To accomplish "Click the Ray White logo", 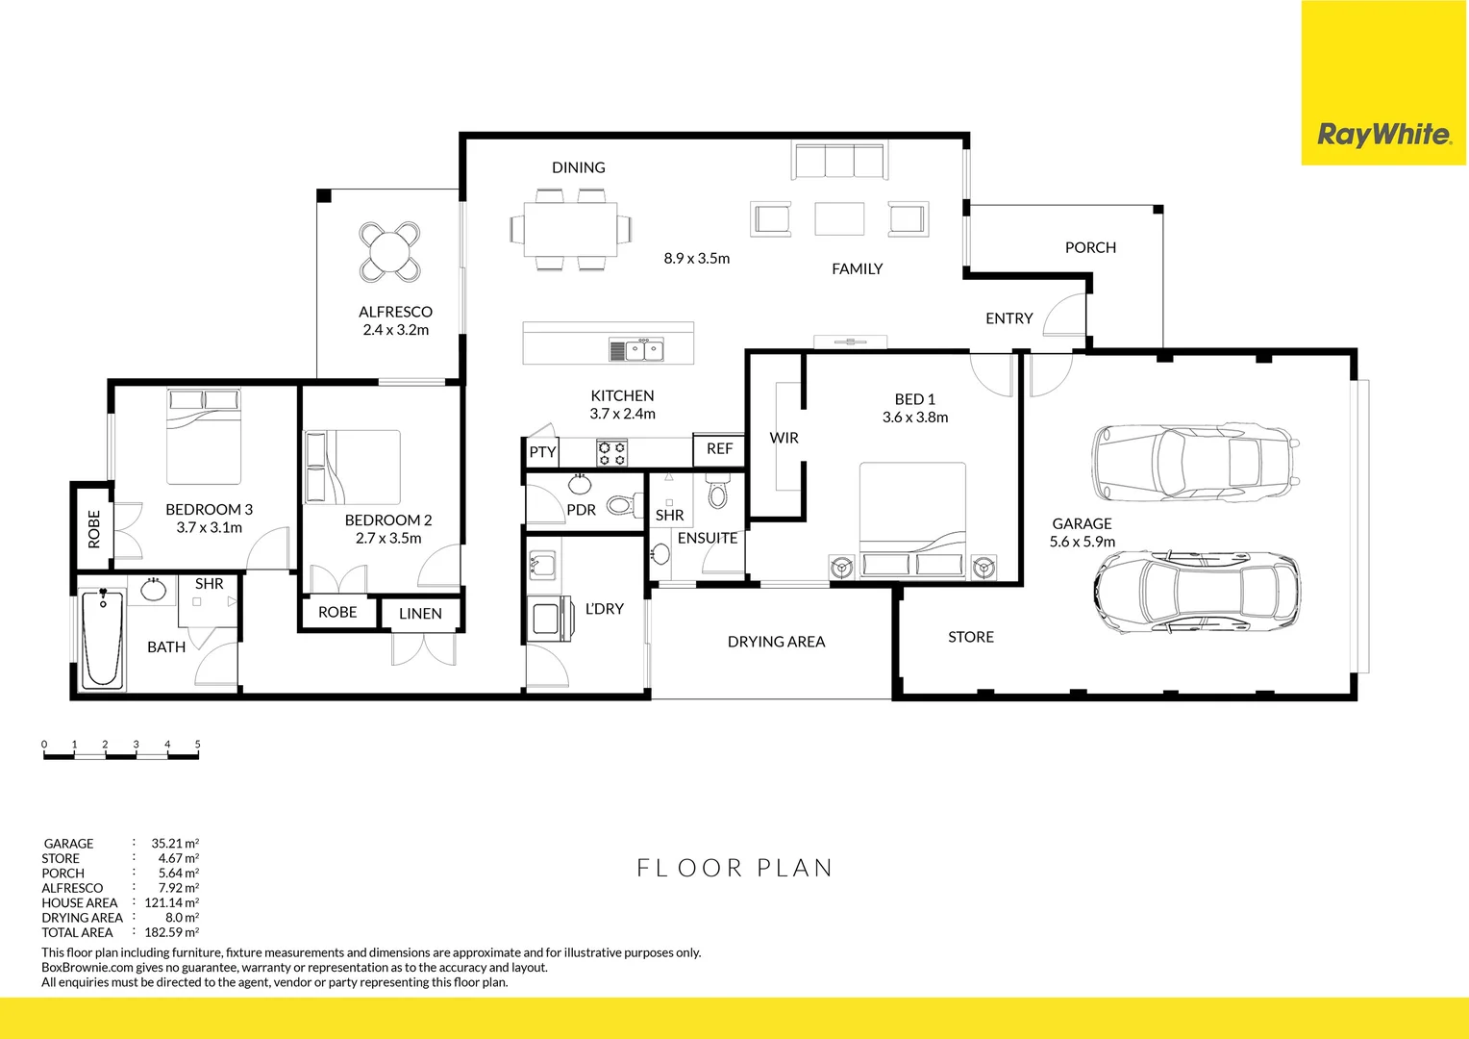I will coord(1383,134).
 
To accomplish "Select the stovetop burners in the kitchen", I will coord(612,452).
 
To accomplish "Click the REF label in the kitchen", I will coord(719,449).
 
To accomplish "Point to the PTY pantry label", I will coord(542,452).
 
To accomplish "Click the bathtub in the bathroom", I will coord(103,640).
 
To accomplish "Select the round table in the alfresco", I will coord(389,252).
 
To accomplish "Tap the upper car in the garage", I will coord(1194,463).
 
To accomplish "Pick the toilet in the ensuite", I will coord(717,493).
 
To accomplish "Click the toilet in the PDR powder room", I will coord(621,504).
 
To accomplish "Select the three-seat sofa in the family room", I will coord(838,161).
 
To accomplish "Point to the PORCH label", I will coord(1090,248).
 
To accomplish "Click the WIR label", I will coord(784,438).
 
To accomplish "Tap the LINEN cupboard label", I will coord(420,614).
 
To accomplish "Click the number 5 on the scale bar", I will coord(197,745).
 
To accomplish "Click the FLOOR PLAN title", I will coord(734,868).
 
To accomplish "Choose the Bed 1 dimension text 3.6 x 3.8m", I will coord(914,418).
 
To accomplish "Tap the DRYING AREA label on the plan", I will coord(776,642).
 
